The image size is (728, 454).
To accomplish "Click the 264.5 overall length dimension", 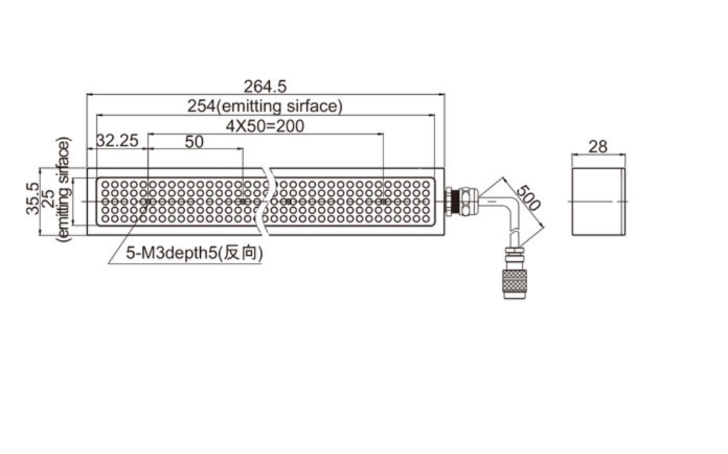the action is [x=265, y=86].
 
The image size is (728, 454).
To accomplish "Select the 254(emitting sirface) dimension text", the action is [x=265, y=106].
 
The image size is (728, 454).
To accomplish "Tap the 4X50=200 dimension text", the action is [x=265, y=126].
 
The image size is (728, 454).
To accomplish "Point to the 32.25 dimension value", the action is [x=117, y=141].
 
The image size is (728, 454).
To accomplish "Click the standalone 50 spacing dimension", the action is [x=194, y=142].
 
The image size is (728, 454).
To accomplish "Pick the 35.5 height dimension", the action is [x=33, y=198].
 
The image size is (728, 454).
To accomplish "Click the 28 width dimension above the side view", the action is [x=598, y=146].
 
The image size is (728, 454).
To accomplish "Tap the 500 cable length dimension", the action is [x=529, y=198].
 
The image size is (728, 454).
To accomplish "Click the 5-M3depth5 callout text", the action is [x=172, y=253].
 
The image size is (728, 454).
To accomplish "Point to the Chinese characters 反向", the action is [x=240, y=253].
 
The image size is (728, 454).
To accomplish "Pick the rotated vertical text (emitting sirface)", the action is [x=63, y=190].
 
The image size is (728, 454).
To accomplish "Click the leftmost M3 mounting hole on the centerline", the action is [x=148, y=202].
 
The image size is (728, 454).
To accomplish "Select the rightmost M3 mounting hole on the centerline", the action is [x=383, y=202].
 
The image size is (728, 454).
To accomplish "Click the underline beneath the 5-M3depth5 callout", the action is [x=185, y=264].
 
